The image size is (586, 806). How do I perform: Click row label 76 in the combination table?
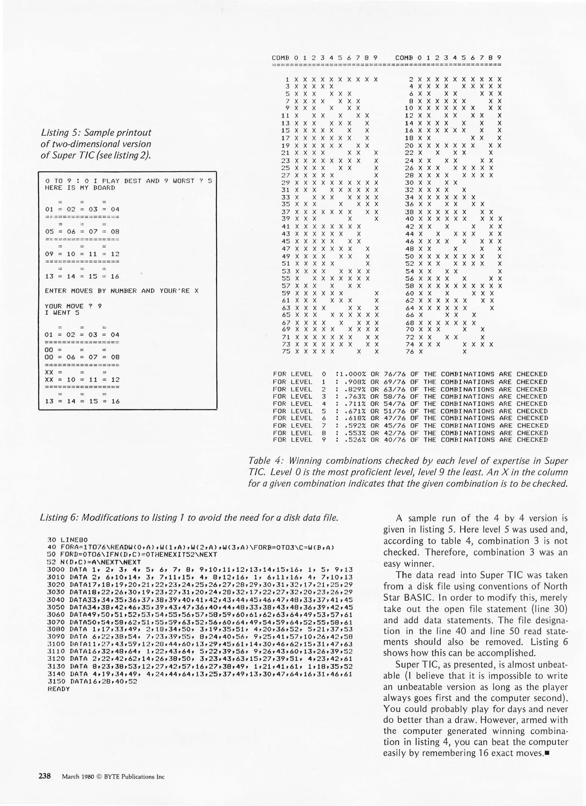pyautogui.click(x=409, y=352)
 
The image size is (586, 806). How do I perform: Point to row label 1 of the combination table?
pyautogui.click(x=288, y=79)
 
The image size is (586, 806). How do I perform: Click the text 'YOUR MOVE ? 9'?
pyautogui.click(x=73, y=306)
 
